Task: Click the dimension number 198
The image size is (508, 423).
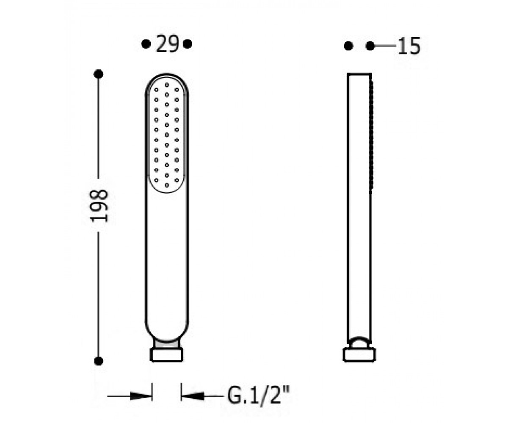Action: click(99, 206)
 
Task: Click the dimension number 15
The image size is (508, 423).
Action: click(409, 46)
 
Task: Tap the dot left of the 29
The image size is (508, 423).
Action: click(146, 44)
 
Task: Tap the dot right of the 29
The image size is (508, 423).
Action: click(188, 44)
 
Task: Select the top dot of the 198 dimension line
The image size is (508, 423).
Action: click(98, 74)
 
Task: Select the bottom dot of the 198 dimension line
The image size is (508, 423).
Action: click(98, 361)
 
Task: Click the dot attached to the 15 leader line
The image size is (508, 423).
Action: click(370, 46)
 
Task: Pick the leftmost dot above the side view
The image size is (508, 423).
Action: click(348, 46)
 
